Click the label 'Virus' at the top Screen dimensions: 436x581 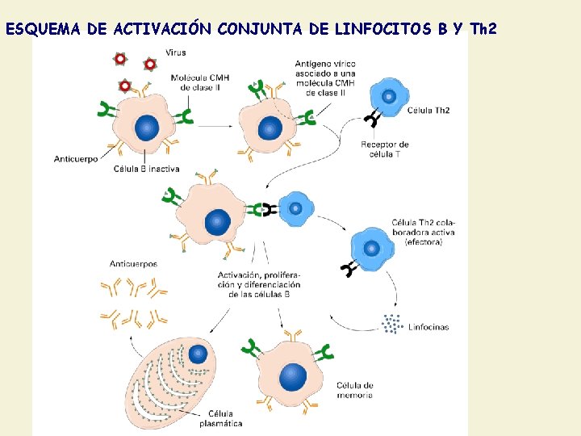[x=175, y=52]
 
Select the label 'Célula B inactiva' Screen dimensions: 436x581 [x=147, y=170]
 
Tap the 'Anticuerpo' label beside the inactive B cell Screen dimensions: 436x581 [x=76, y=159]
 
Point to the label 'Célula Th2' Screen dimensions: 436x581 [x=429, y=110]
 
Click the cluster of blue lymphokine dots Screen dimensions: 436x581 [x=392, y=324]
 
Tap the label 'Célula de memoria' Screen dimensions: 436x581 [x=355, y=390]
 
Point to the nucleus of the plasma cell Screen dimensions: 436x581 [x=197, y=354]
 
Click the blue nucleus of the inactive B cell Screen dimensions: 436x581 [x=147, y=127]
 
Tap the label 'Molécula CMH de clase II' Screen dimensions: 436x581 [x=200, y=82]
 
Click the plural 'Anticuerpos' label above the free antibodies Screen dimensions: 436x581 [x=133, y=263]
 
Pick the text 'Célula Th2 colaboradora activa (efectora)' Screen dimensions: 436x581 [x=423, y=233]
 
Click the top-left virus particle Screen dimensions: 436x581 [x=120, y=58]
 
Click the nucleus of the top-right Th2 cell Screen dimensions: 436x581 [x=389, y=97]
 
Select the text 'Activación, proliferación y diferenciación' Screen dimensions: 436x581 [x=258, y=284]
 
